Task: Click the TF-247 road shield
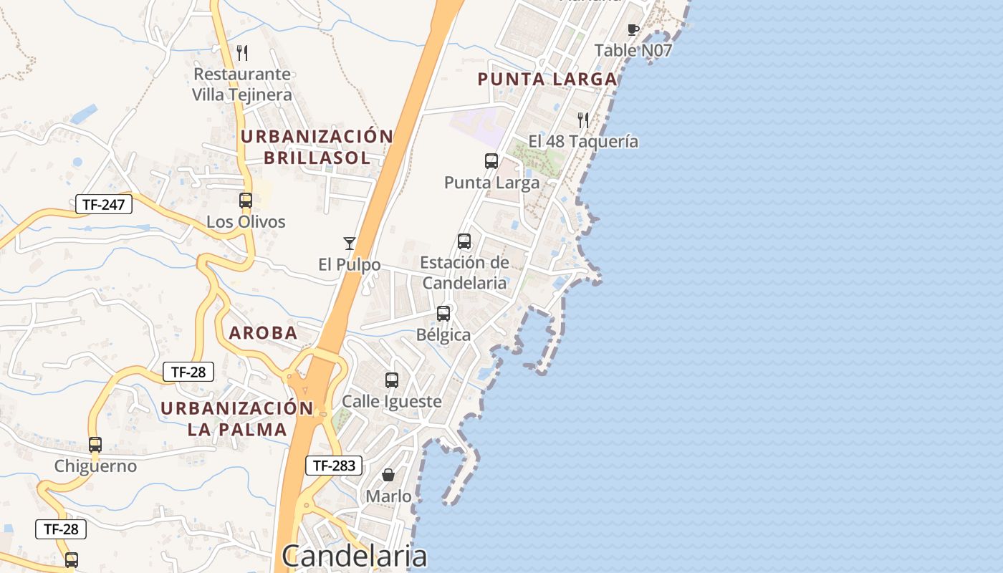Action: click(x=104, y=204)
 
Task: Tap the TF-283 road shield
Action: click(x=334, y=466)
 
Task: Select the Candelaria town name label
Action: click(x=355, y=556)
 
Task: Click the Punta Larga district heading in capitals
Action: click(x=547, y=79)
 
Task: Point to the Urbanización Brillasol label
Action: click(x=317, y=147)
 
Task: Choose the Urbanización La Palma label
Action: click(x=237, y=418)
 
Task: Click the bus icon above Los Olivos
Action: click(x=246, y=201)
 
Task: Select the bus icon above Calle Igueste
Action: click(x=391, y=380)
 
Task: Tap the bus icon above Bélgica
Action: click(x=443, y=313)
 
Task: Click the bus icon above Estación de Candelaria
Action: click(x=464, y=241)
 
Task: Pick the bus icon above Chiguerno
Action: click(x=95, y=445)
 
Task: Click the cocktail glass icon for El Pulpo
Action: click(x=349, y=244)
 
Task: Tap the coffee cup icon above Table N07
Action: click(x=633, y=29)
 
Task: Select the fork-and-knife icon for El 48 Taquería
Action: click(x=583, y=120)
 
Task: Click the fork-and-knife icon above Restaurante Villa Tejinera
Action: click(x=242, y=52)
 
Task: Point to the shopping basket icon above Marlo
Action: click(x=388, y=475)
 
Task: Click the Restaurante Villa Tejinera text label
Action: click(x=242, y=85)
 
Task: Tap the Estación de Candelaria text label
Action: click(x=464, y=273)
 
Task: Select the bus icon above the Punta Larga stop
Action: click(x=491, y=161)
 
